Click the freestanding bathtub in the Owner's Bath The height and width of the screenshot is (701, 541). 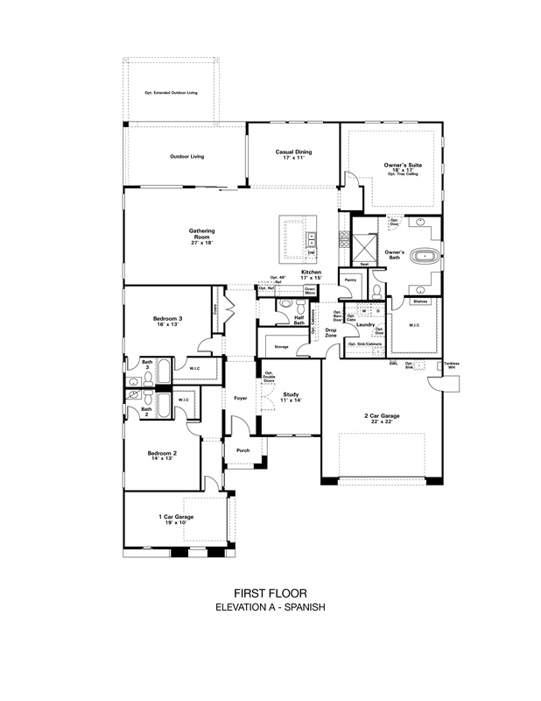point(426,259)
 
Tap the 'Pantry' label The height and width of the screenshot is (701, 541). point(349,280)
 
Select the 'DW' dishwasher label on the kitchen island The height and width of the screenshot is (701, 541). point(311,252)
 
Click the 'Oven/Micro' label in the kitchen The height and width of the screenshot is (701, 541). point(310,290)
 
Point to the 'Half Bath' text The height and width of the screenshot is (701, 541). point(299,321)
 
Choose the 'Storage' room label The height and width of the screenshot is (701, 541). point(281,347)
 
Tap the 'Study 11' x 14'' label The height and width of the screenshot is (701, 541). point(291,398)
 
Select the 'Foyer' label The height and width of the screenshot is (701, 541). point(240,399)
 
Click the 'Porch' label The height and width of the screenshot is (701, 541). point(243,450)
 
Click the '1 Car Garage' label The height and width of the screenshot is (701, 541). point(176,520)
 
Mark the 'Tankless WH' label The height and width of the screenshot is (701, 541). point(451,365)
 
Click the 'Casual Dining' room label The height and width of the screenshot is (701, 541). point(292,154)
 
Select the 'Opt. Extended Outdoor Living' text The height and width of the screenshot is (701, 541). point(171,92)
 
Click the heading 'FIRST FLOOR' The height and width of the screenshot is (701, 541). point(270,592)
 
